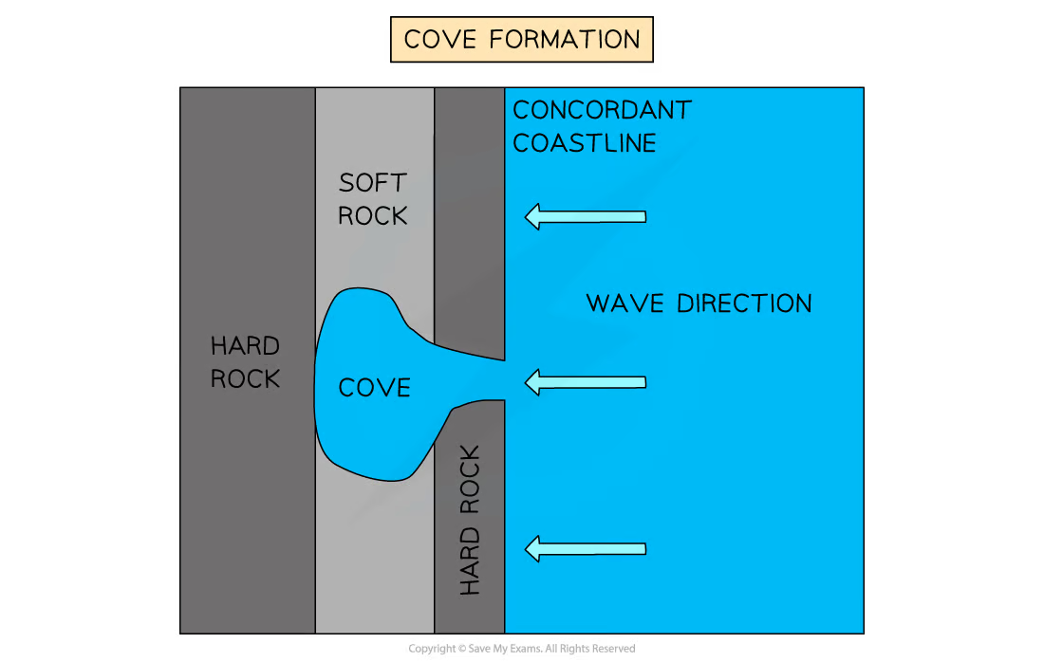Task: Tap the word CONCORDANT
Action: point(602,110)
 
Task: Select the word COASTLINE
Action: point(584,143)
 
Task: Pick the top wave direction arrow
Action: point(586,216)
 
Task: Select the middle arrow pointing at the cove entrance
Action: point(586,382)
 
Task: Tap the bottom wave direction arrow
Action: point(586,548)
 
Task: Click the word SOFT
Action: point(372,182)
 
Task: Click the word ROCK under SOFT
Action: point(372,216)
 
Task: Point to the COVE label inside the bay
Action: point(374,388)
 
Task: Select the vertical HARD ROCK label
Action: point(470,521)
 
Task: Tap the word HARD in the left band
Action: point(245,345)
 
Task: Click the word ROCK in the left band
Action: point(245,378)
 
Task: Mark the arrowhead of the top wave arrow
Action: point(534,216)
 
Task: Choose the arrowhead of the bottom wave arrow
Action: point(534,548)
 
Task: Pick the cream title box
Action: point(521,41)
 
